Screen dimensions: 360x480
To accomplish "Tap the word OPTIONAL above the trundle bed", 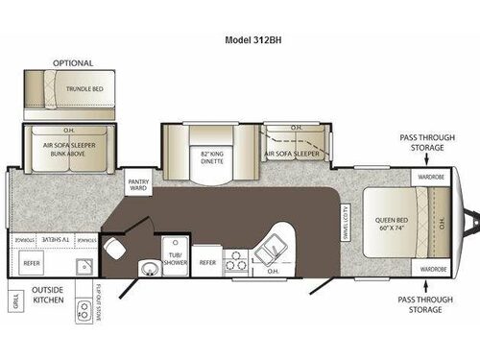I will coord(74,63).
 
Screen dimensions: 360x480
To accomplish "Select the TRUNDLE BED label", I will coord(84,87).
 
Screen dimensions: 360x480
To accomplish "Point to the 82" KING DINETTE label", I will coord(213,156).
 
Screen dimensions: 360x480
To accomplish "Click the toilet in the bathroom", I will coord(115,249).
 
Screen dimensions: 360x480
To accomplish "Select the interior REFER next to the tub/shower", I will coord(207,261).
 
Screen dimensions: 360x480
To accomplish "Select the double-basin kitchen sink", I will coord(268,252).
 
